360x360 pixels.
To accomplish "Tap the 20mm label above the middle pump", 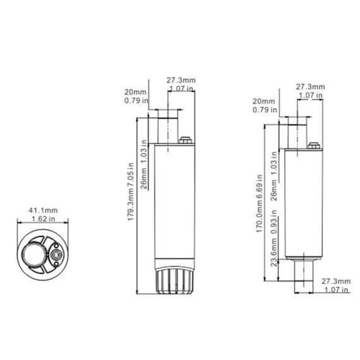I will (x=135, y=91).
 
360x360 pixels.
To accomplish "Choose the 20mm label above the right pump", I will (x=263, y=102).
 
